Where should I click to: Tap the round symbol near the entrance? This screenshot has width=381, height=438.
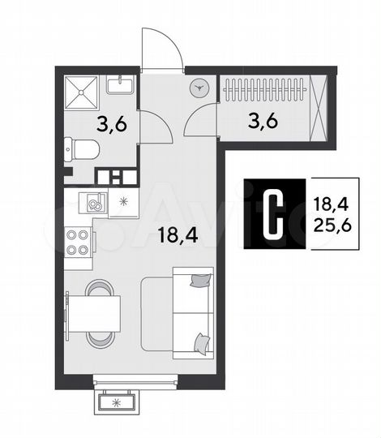coord(200,90)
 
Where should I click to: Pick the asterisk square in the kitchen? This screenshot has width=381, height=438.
coord(124,201)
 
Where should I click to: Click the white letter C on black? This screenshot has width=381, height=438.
coord(276,211)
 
